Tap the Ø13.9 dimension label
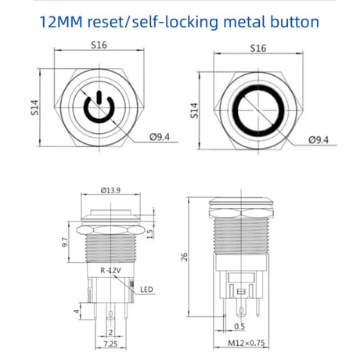point(110,190)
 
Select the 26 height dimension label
point(184,257)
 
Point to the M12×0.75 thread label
point(247,343)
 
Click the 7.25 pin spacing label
point(110,344)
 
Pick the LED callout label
point(146,290)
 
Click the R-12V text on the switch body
point(110,271)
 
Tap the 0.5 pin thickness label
point(239,326)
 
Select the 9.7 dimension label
point(65,242)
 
